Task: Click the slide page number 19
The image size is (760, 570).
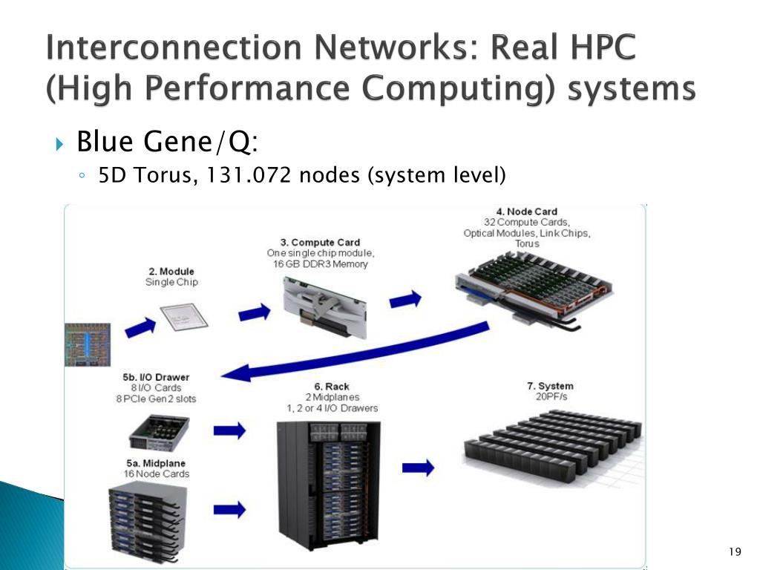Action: (736, 551)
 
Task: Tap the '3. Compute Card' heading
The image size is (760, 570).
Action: (320, 242)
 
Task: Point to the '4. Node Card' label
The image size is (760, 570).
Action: (526, 212)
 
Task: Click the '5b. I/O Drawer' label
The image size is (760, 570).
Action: (156, 377)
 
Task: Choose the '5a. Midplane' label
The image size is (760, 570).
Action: (157, 463)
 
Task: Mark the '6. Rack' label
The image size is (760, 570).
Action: (332, 386)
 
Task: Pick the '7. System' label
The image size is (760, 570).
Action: (550, 386)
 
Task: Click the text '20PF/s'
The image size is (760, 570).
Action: (550, 397)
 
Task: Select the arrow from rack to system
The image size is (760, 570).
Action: (418, 467)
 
